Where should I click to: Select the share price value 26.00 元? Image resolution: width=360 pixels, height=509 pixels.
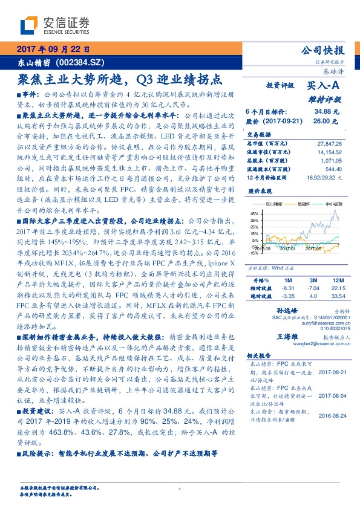[326, 121]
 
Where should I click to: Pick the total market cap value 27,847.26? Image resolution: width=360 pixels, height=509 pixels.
[329, 143]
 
